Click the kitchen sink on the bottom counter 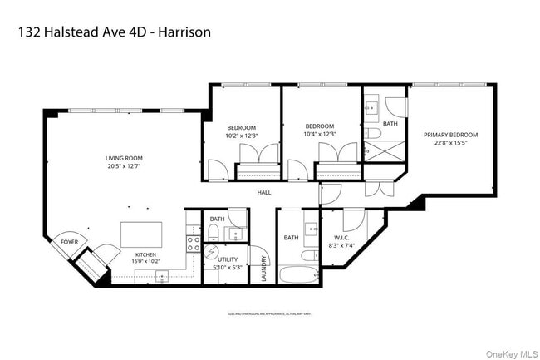point(164,275)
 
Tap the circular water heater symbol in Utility point(211,253)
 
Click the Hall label point(264,192)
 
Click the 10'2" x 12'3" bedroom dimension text point(242,135)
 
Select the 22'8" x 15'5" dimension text point(451,143)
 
